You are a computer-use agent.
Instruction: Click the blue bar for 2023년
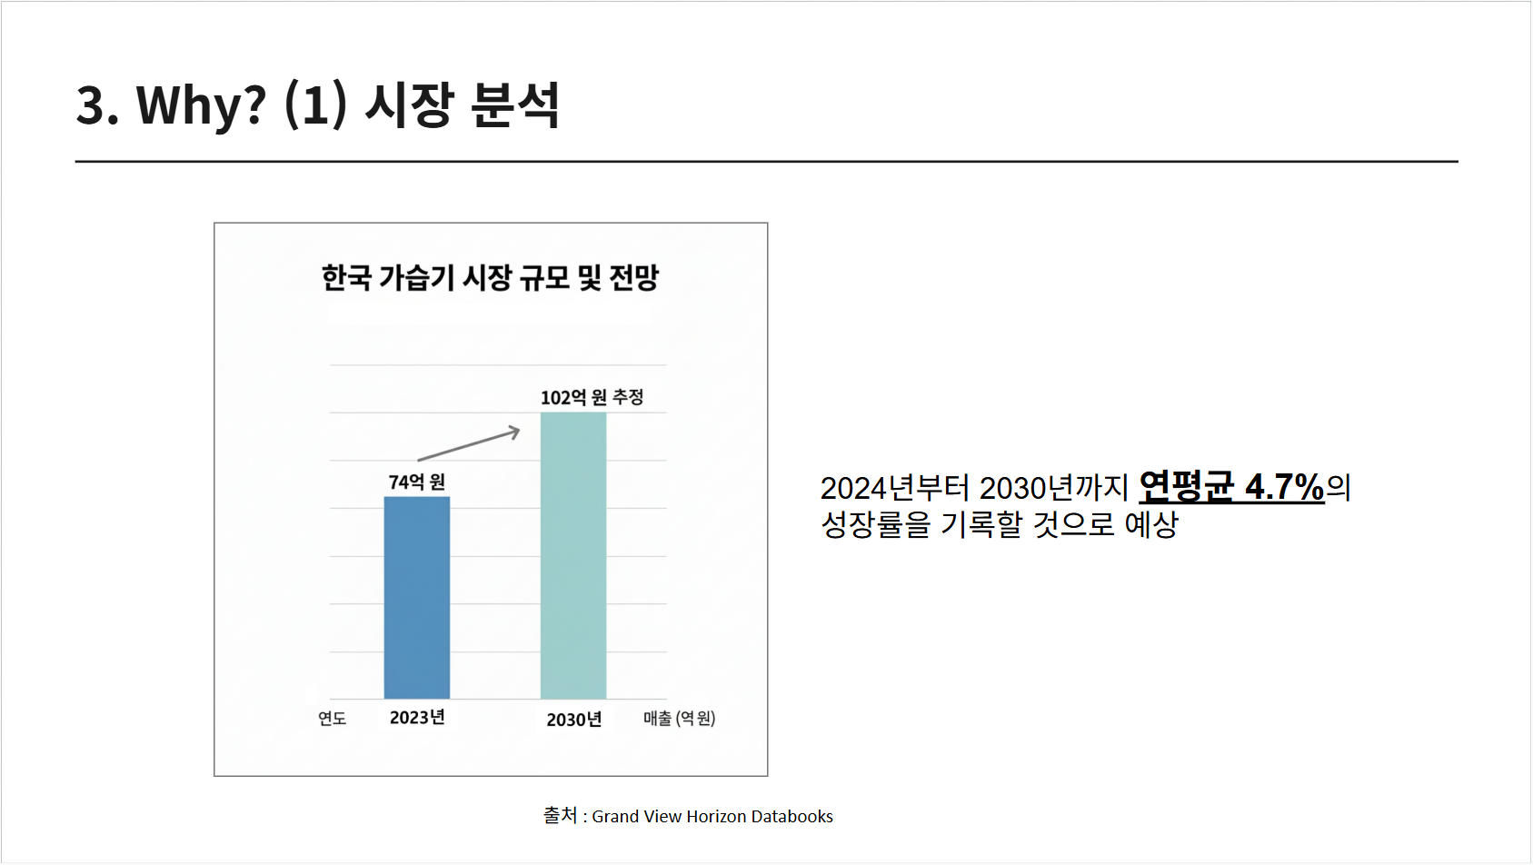(416, 597)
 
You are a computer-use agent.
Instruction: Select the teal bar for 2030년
(573, 555)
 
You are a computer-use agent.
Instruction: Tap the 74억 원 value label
(416, 482)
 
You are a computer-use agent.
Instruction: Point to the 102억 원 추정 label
(592, 397)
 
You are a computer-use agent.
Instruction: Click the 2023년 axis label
(417, 718)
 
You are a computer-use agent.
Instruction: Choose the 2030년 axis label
(573, 720)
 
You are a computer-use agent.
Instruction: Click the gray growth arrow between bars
(469, 445)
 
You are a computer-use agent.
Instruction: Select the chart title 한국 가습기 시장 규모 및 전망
(490, 277)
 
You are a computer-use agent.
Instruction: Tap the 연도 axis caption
(332, 719)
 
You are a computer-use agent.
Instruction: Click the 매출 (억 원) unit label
(679, 719)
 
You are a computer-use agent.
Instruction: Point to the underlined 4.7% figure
(1284, 487)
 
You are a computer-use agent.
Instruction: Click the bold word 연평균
(1186, 487)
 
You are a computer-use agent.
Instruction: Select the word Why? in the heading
(201, 104)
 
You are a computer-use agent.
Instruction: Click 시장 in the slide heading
(409, 104)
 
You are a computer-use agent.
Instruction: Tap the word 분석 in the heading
(515, 104)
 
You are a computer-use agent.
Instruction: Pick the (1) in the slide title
(315, 104)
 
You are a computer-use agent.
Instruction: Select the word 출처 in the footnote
(560, 816)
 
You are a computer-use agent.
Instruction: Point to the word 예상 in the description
(1151, 524)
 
